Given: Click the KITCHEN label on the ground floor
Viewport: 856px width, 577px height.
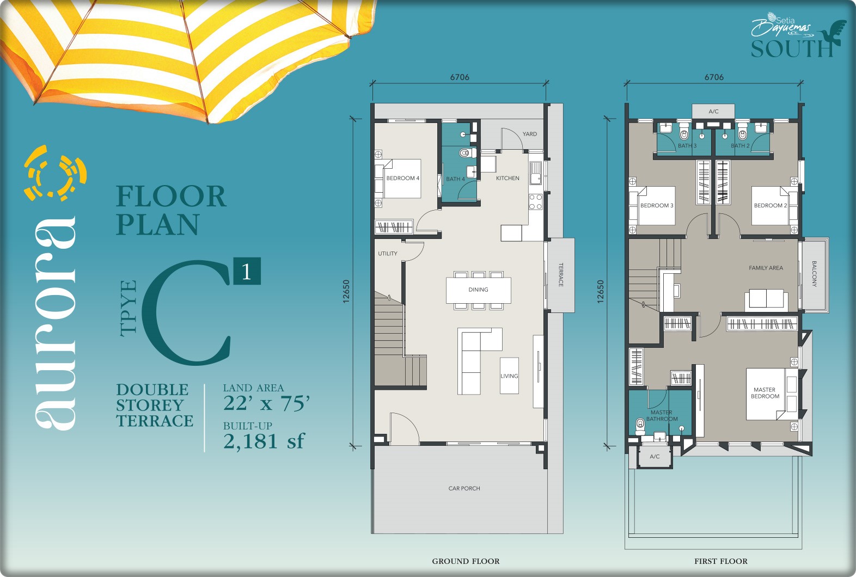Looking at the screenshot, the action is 508,178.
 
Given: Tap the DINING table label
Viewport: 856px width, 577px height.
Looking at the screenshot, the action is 478,290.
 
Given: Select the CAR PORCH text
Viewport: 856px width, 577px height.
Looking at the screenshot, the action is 464,488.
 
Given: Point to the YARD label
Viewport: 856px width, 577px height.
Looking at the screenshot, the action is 530,134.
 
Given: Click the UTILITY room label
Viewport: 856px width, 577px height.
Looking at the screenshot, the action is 388,253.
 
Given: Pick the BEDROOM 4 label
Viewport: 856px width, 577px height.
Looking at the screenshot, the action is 403,178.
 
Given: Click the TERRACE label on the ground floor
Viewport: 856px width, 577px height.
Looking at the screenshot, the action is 561,274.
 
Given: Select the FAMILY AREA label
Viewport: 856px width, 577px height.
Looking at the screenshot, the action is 766,268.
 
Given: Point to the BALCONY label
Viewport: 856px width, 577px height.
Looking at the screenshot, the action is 814,274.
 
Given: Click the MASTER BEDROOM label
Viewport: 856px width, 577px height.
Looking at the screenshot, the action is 765,393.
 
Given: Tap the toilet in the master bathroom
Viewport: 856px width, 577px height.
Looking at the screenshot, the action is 640,426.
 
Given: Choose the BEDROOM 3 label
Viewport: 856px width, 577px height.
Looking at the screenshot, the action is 657,205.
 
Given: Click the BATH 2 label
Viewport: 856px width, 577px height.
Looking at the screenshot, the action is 740,145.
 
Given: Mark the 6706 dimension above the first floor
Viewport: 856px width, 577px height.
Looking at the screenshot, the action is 714,77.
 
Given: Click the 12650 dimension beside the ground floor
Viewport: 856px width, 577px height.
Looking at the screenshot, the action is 346,292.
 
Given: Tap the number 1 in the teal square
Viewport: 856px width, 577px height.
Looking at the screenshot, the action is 247,272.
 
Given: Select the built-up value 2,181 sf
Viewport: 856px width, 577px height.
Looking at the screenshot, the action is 264,441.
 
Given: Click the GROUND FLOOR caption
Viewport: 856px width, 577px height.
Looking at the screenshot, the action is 466,561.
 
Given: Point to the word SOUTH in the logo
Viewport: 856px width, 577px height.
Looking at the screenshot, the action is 792,48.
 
